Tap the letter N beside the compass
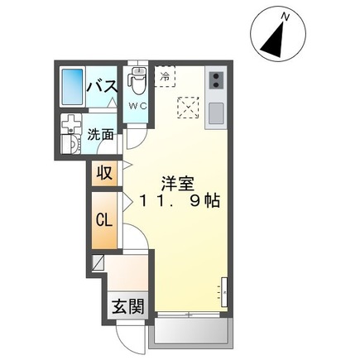click(286, 17)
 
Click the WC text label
click(137, 105)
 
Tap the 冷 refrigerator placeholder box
click(165, 76)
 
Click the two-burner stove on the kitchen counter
click(215, 80)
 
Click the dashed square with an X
click(189, 107)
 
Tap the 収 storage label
click(103, 173)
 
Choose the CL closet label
click(103, 221)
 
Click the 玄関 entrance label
click(127, 306)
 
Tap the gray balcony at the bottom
click(190, 334)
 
